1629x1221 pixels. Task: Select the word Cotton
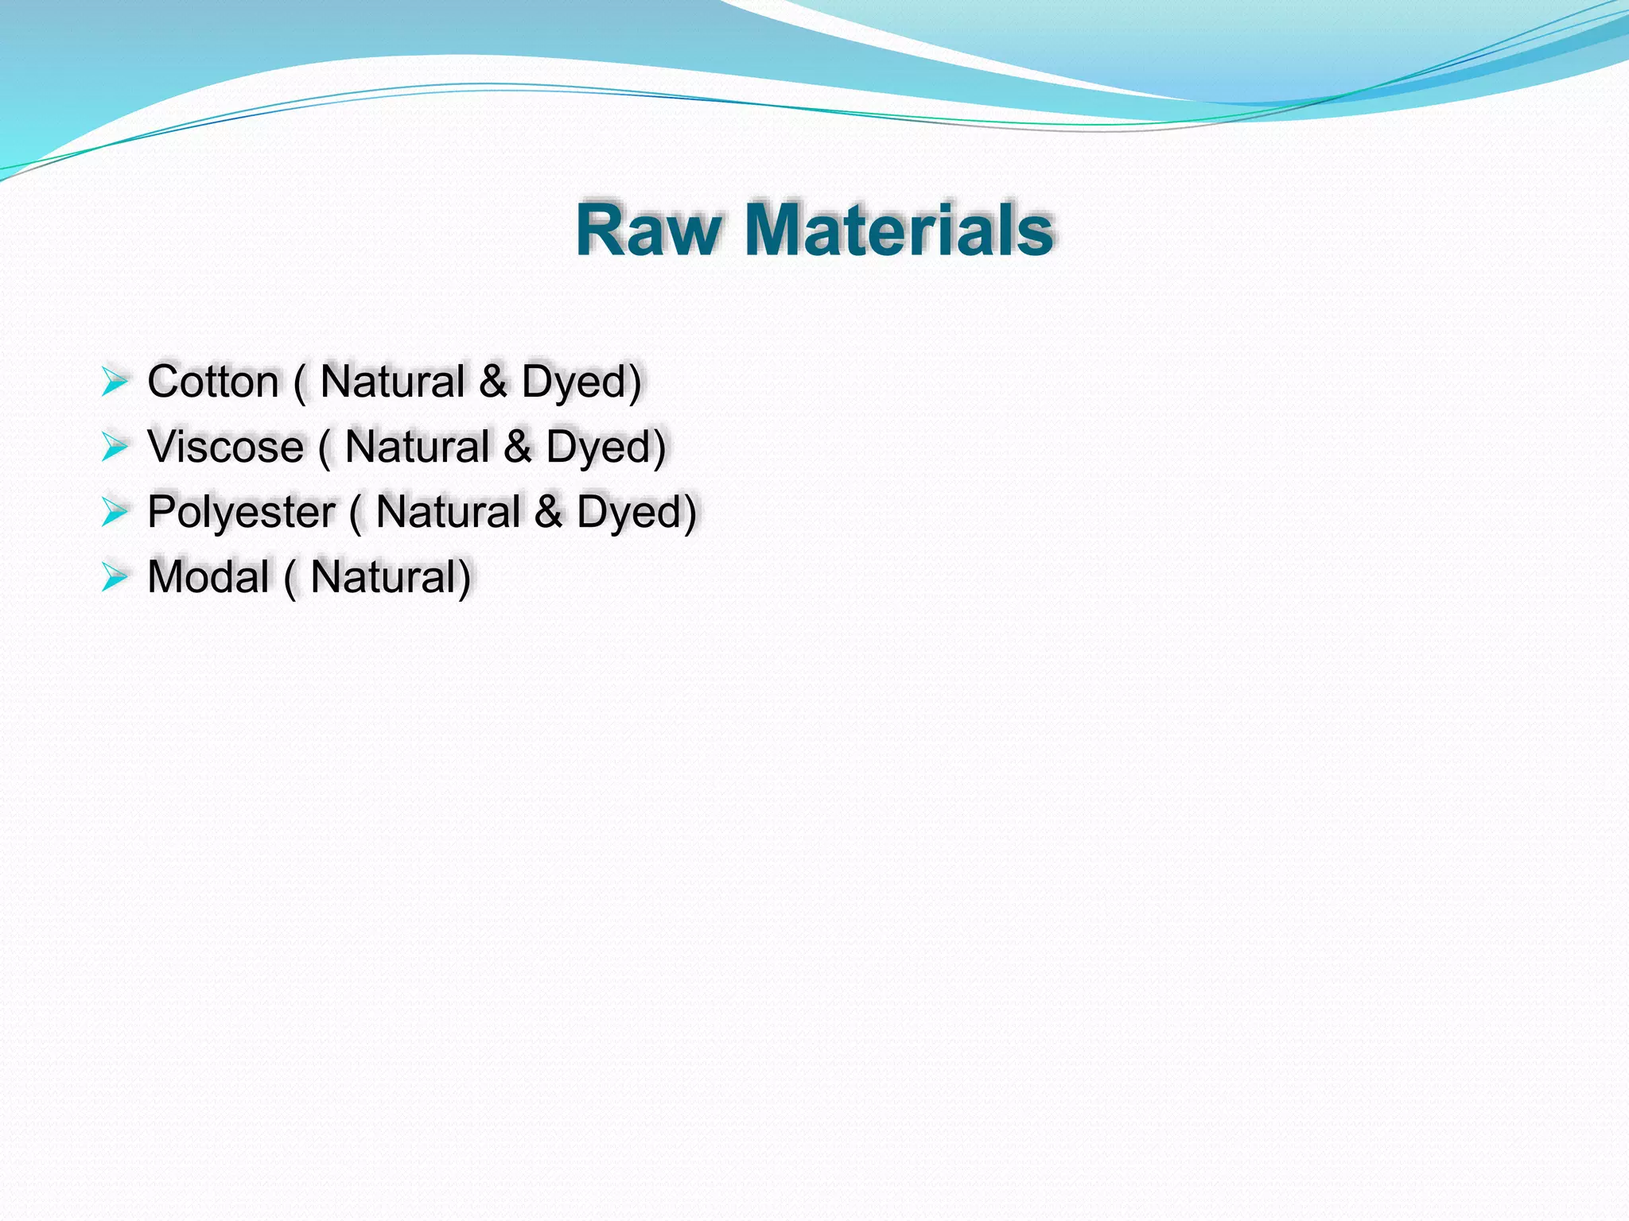click(212, 382)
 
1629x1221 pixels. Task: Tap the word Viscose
click(225, 447)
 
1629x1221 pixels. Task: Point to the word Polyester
click(240, 512)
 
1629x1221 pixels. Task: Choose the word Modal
click(208, 577)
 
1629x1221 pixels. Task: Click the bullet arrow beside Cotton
click(115, 382)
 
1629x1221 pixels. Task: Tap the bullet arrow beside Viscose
click(115, 448)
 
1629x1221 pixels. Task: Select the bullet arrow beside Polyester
click(115, 513)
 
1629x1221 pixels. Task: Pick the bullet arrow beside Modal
click(115, 578)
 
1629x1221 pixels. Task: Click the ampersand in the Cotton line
click(493, 382)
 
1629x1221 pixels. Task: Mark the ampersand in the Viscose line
click(518, 447)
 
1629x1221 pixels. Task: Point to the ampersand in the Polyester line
click(549, 512)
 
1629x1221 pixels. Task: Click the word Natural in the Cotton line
click(392, 382)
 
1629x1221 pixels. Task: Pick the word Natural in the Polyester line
click(448, 512)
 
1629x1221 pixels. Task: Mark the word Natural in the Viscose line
click(417, 447)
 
